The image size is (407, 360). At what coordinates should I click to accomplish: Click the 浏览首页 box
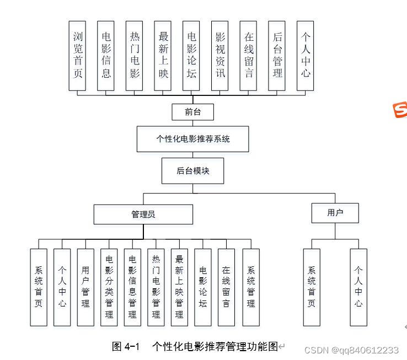tap(78, 56)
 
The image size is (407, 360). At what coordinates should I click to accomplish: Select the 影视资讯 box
tap(220, 56)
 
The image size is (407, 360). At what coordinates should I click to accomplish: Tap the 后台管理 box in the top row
tap(277, 56)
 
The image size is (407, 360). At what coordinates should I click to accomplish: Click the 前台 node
tap(192, 112)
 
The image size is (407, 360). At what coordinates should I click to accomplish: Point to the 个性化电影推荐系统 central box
tap(192, 139)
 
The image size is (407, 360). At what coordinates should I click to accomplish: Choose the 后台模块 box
tap(192, 171)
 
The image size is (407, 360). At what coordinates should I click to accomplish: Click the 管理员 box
tap(143, 214)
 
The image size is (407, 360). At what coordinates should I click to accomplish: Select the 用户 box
tap(335, 213)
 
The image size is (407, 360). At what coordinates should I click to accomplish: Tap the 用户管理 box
tap(85, 287)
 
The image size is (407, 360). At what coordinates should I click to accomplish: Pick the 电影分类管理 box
tap(109, 287)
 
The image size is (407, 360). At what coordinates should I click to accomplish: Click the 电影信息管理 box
tap(132, 287)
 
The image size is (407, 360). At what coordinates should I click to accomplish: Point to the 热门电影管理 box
tap(156, 287)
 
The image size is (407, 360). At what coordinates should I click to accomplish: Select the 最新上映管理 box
tap(179, 287)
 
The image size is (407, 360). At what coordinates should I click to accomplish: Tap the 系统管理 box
tap(251, 287)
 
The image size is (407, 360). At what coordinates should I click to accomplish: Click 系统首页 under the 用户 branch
tap(312, 287)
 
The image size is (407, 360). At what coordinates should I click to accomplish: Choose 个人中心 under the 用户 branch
tap(358, 287)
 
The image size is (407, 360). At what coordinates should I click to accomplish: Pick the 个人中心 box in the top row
tap(306, 56)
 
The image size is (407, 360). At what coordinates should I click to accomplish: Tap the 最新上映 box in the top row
tap(163, 56)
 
